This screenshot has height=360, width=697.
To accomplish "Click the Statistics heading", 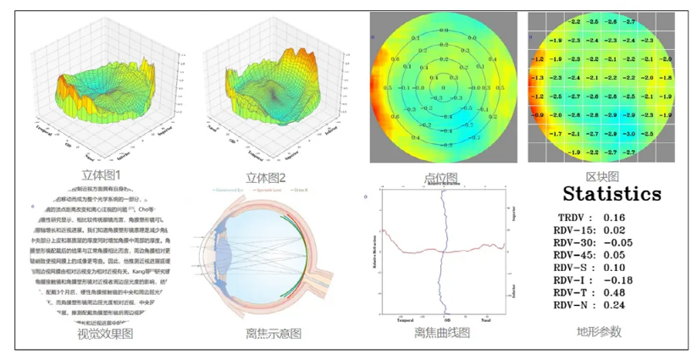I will [x=612, y=194].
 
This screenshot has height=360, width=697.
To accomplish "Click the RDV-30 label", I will [x=573, y=242].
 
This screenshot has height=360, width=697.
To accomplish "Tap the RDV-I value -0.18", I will [x=617, y=280].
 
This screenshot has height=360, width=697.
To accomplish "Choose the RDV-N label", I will [x=572, y=305].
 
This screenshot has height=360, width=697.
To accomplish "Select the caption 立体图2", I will [x=266, y=178].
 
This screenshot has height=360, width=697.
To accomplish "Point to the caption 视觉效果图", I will [x=105, y=334].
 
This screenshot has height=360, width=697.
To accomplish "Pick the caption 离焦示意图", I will [x=274, y=334].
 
